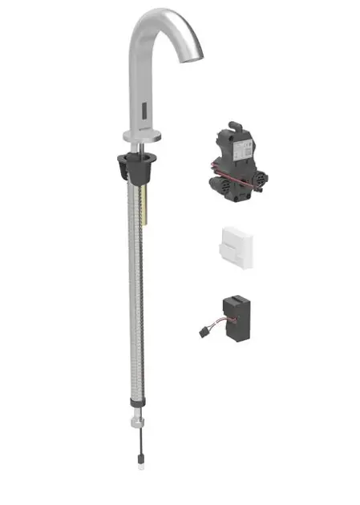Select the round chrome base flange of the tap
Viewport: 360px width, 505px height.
[x=144, y=136]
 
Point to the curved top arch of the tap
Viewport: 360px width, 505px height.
[x=160, y=18]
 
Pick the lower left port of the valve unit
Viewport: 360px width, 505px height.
[x=216, y=184]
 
